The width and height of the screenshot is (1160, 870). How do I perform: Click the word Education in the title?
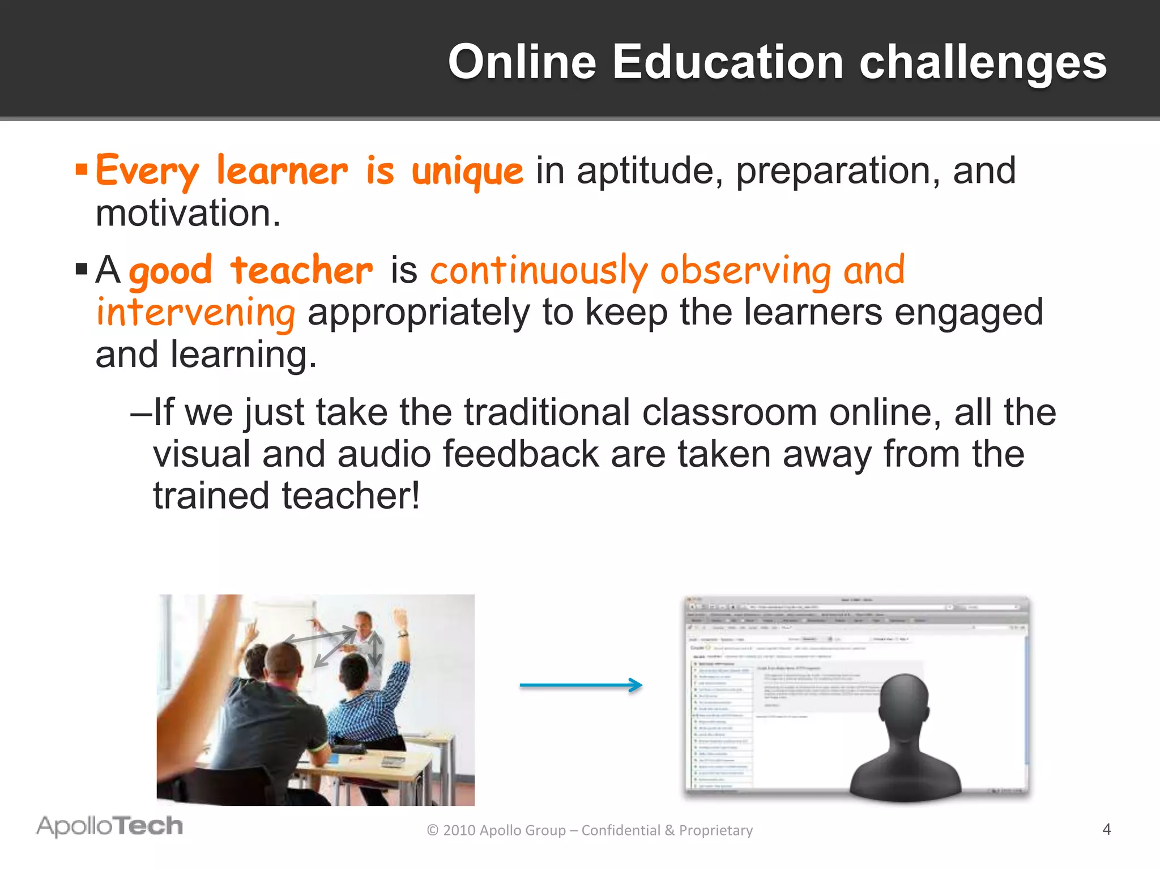(x=728, y=62)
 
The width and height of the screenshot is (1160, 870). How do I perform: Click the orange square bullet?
(x=82, y=169)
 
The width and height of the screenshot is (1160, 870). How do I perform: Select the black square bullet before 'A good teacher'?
(x=82, y=268)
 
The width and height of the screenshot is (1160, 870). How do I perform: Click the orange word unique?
(x=467, y=171)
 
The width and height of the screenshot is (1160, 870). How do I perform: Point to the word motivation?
(x=187, y=214)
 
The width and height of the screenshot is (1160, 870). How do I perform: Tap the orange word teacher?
(x=302, y=270)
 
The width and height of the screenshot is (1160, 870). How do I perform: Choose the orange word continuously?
(x=539, y=271)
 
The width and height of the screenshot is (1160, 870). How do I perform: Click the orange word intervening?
(x=195, y=313)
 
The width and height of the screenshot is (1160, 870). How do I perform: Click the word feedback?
(x=521, y=454)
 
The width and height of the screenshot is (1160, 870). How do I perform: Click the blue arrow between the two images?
(x=581, y=685)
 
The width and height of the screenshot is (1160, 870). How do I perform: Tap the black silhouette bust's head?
(x=904, y=702)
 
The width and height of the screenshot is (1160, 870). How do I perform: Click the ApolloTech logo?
(x=110, y=826)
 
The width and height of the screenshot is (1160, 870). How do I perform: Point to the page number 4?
(x=1106, y=830)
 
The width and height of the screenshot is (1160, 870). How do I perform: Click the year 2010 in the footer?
(x=459, y=830)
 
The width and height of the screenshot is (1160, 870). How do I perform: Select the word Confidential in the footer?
(x=620, y=830)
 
